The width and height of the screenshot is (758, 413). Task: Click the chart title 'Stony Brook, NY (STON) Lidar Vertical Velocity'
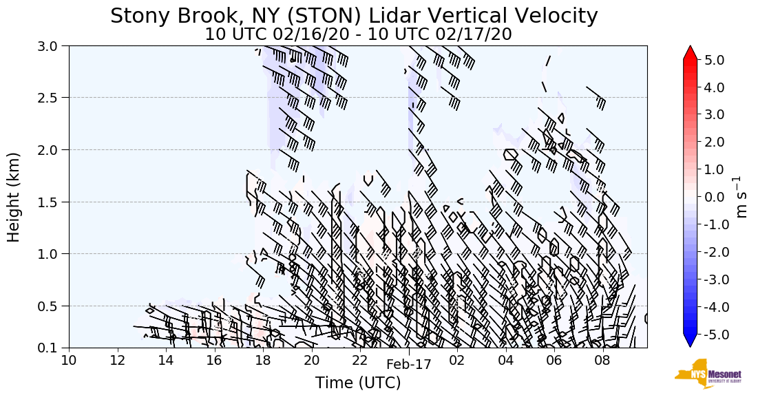point(354,15)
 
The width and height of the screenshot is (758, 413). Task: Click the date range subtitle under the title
point(358,34)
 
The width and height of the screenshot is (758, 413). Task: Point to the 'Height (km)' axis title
point(14,197)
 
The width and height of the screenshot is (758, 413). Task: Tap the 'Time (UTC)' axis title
point(358,383)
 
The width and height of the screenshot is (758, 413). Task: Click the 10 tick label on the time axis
point(69,361)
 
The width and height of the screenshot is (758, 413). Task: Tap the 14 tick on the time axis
point(166,361)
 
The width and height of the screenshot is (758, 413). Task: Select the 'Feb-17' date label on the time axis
point(409,365)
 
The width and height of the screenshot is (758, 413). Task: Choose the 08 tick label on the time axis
point(603,361)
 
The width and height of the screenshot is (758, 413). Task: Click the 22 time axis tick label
point(360,361)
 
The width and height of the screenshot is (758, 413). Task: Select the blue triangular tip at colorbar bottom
point(690,341)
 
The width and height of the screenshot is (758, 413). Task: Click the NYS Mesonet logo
point(708,374)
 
